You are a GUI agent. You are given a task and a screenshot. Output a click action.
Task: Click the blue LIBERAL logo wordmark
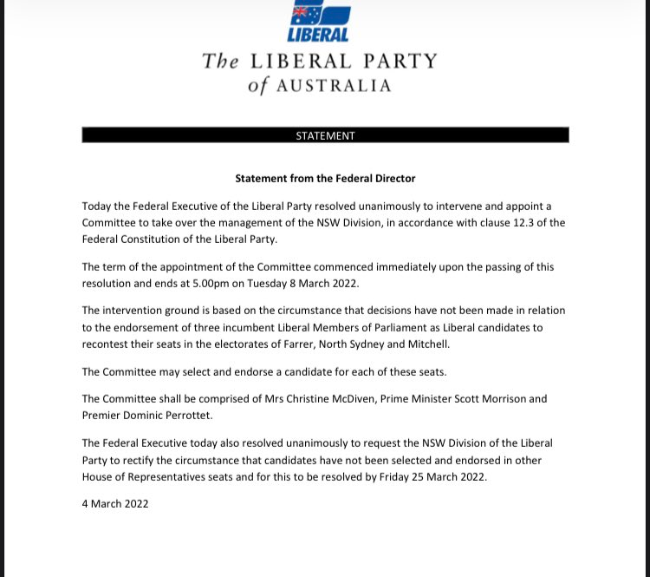click(318, 35)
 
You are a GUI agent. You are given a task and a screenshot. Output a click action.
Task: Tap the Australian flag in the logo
click(302, 14)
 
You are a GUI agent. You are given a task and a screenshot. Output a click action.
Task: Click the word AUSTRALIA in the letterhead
click(334, 86)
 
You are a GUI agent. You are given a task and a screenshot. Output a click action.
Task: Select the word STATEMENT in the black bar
click(325, 136)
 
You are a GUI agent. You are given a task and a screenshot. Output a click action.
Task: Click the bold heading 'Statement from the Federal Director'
click(325, 179)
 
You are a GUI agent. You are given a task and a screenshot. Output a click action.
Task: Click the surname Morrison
click(495, 399)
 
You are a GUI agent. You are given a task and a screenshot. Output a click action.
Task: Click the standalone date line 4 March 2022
click(115, 504)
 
